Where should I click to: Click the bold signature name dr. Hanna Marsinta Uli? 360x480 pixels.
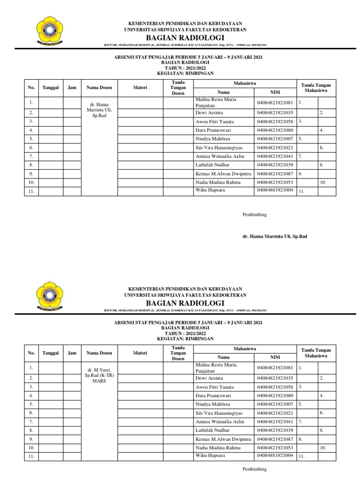274,237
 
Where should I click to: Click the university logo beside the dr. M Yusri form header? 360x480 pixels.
50,296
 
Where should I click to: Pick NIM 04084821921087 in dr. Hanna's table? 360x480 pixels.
275,173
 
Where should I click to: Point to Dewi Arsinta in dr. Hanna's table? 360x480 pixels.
209,113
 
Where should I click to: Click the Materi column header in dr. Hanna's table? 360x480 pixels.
140,88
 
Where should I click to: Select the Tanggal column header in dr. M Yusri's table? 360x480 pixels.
51,353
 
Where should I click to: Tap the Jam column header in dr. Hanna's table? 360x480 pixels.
72,88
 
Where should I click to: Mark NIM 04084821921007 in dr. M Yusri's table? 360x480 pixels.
275,404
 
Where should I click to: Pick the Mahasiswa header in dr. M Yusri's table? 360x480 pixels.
245,349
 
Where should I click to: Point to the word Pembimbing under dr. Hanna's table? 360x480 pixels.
254,215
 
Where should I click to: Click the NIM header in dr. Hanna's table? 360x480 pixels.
275,92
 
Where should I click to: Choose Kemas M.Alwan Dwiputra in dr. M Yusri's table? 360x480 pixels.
223,439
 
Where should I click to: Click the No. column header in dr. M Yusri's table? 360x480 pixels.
31,353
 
